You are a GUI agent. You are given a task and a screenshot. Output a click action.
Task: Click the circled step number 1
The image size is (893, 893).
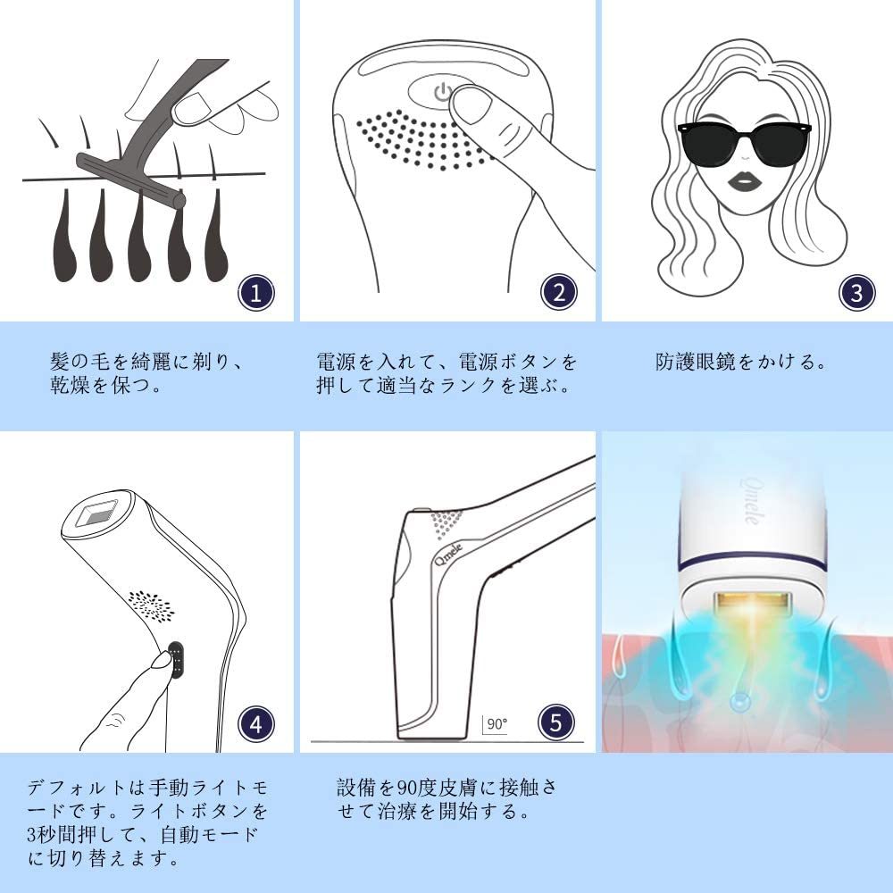pos(256,294)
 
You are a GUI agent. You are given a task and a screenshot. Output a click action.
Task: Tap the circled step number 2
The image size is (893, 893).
pos(559,293)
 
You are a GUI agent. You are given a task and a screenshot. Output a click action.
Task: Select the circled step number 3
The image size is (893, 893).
pos(856,294)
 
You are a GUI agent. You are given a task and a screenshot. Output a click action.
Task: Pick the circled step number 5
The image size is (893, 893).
pos(555,722)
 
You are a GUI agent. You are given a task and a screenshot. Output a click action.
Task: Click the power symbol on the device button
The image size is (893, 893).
pos(439,92)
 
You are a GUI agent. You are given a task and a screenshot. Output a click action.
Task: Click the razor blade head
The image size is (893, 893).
pos(129,182)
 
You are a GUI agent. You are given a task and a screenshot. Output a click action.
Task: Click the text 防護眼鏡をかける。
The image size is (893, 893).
pos(741,363)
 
